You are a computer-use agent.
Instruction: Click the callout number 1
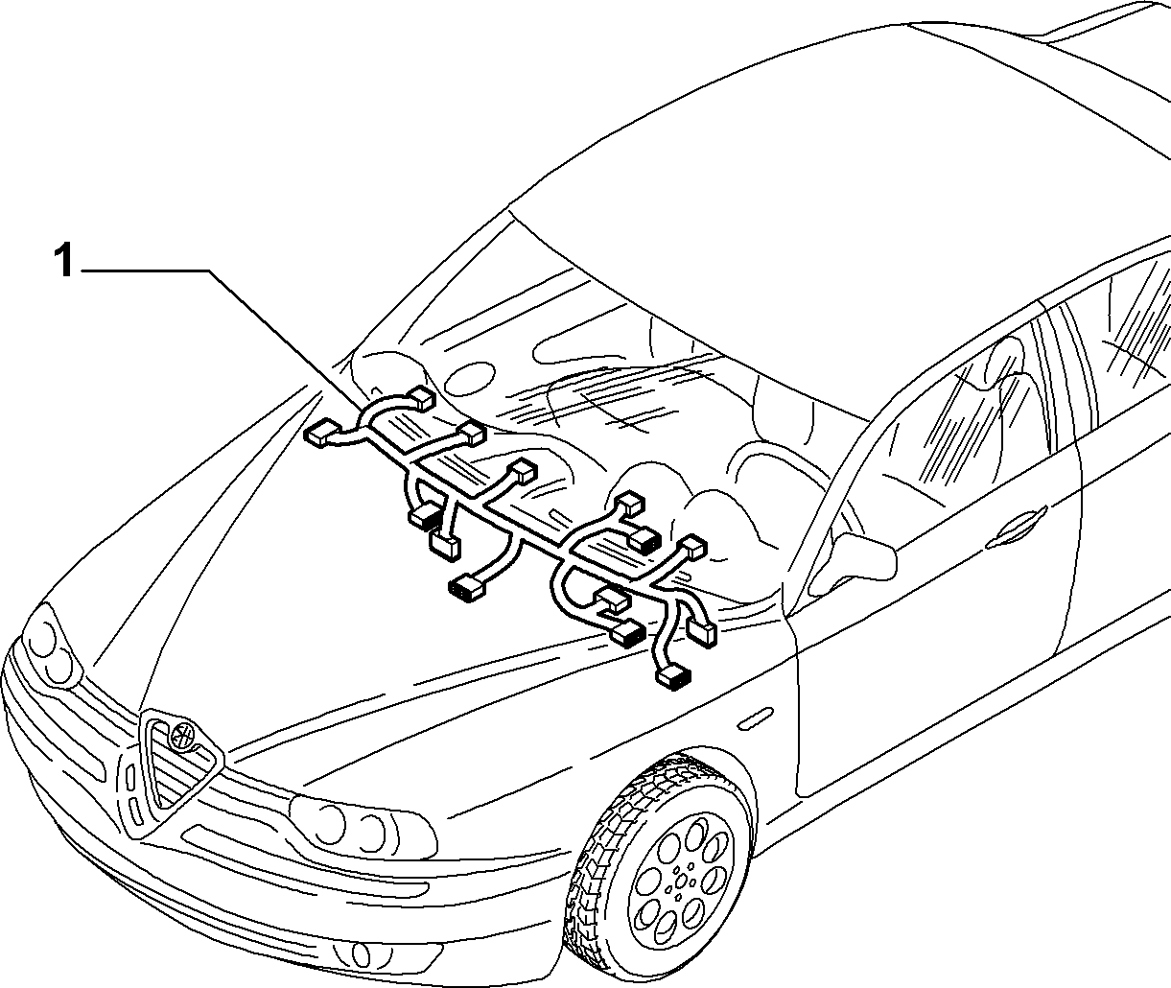click(x=63, y=260)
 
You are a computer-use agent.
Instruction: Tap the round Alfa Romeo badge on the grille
click(x=183, y=733)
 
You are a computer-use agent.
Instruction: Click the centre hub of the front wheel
click(x=680, y=885)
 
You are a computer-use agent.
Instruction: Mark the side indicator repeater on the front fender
click(x=755, y=718)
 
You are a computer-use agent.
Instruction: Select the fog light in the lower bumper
click(x=358, y=953)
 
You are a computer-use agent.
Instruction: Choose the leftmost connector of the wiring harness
click(x=322, y=435)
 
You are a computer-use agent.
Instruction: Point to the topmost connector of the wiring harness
click(x=421, y=398)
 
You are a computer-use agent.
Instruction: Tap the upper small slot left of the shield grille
click(x=130, y=780)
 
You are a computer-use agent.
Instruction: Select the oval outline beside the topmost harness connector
click(x=470, y=379)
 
